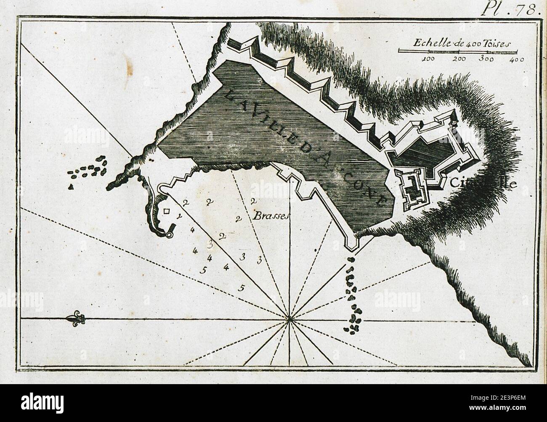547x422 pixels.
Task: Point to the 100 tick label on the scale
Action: click(x=428, y=59)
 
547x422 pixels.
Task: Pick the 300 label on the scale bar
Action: click(x=486, y=59)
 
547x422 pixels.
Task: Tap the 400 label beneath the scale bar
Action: click(x=516, y=59)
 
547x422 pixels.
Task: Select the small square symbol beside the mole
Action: click(x=167, y=212)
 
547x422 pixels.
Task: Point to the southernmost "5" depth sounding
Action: click(x=241, y=288)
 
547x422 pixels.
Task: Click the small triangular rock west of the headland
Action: click(x=72, y=186)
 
